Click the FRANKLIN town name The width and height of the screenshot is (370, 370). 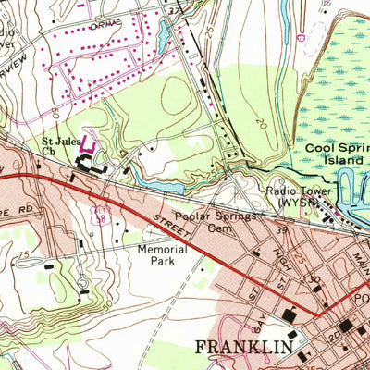pyautogui.click(x=244, y=347)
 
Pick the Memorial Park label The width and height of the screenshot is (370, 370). pyautogui.click(x=162, y=254)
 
